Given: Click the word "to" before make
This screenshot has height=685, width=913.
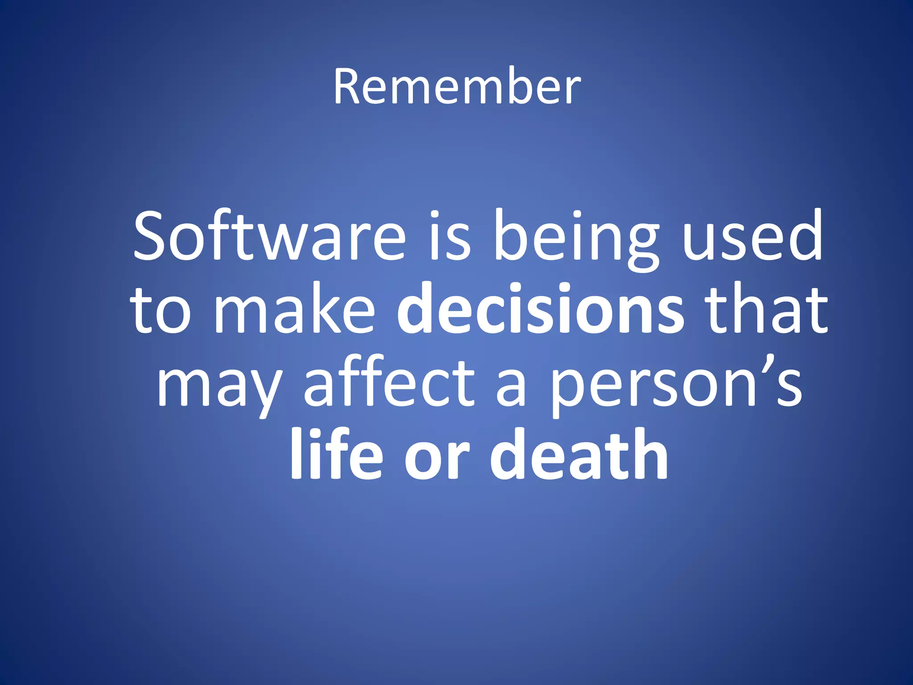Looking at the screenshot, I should [160, 310].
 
